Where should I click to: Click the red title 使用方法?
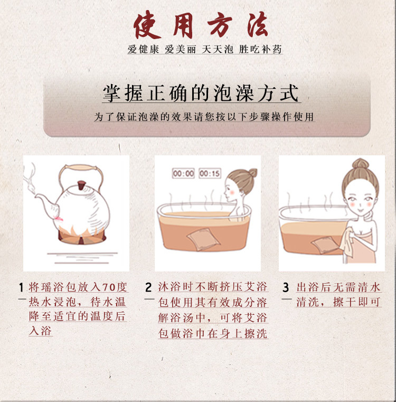pyautogui.click(x=201, y=25)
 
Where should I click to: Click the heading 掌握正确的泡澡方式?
pyautogui.click(x=201, y=94)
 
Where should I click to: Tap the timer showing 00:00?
pyautogui.click(x=183, y=174)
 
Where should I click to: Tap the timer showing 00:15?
pyautogui.click(x=210, y=174)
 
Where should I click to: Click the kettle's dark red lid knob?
pyautogui.click(x=82, y=185)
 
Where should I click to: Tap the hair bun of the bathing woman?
pyautogui.click(x=253, y=173)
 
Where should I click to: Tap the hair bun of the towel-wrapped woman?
pyautogui.click(x=360, y=164)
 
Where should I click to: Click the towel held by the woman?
pyautogui.click(x=347, y=244)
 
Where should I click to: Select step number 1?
pyautogui.click(x=22, y=287)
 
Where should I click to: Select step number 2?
pyautogui.click(x=148, y=287)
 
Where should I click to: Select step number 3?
pyautogui.click(x=286, y=287)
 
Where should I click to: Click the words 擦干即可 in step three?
pyautogui.click(x=357, y=302)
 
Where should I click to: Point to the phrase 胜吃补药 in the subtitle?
pyautogui.click(x=260, y=49)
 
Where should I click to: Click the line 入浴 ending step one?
pyautogui.click(x=41, y=331)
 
